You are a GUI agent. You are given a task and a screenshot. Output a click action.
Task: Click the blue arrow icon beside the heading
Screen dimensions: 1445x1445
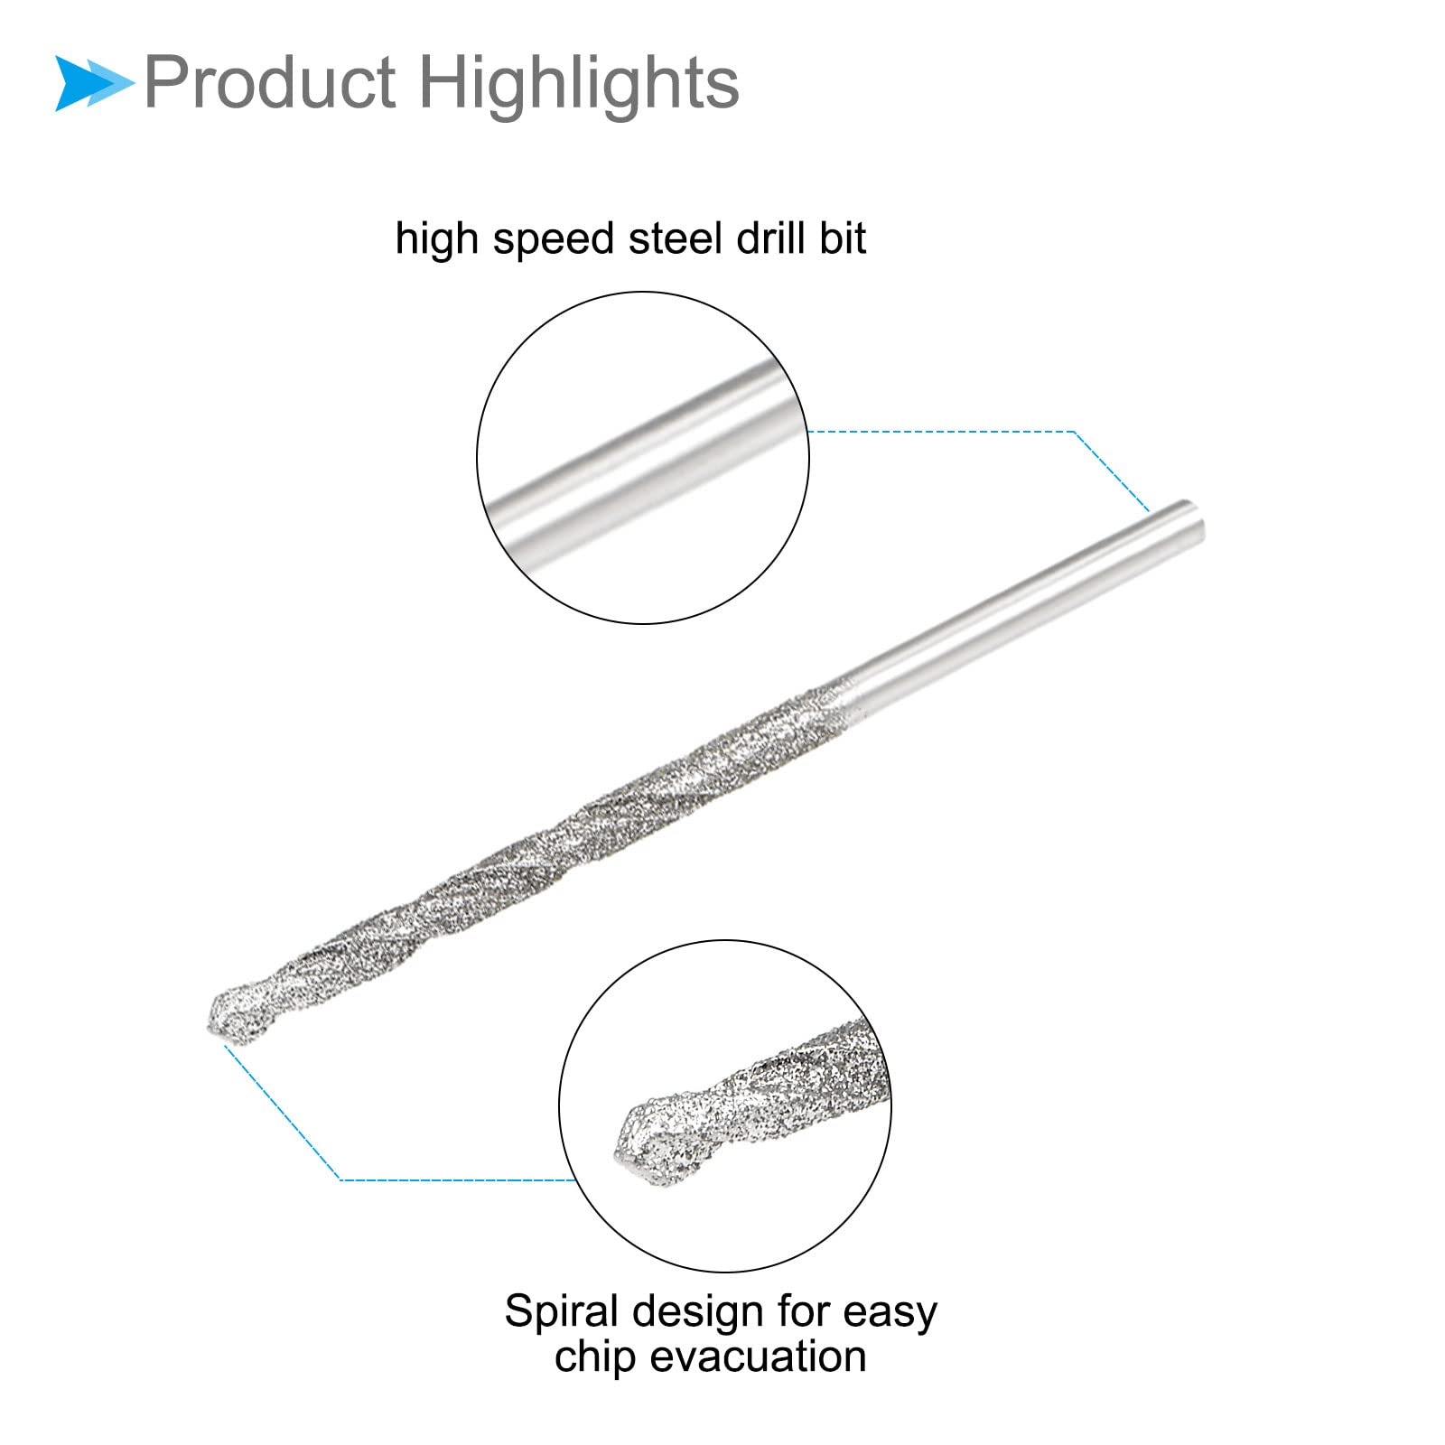click(x=92, y=83)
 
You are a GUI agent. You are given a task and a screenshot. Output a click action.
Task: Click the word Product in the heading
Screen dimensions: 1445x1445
click(x=269, y=83)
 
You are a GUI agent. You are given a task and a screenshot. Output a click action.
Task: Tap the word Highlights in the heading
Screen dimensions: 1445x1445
click(x=578, y=83)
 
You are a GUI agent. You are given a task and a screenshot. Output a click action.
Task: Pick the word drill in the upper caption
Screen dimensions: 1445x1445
click(x=769, y=238)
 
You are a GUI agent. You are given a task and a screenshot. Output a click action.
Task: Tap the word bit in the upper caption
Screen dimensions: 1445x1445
click(x=843, y=238)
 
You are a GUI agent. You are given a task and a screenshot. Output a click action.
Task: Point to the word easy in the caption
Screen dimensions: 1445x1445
click(x=890, y=1313)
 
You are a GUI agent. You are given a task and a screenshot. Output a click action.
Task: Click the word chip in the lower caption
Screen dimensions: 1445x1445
click(x=595, y=1357)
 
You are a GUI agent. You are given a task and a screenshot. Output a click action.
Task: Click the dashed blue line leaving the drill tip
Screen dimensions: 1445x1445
click(x=280, y=1111)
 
